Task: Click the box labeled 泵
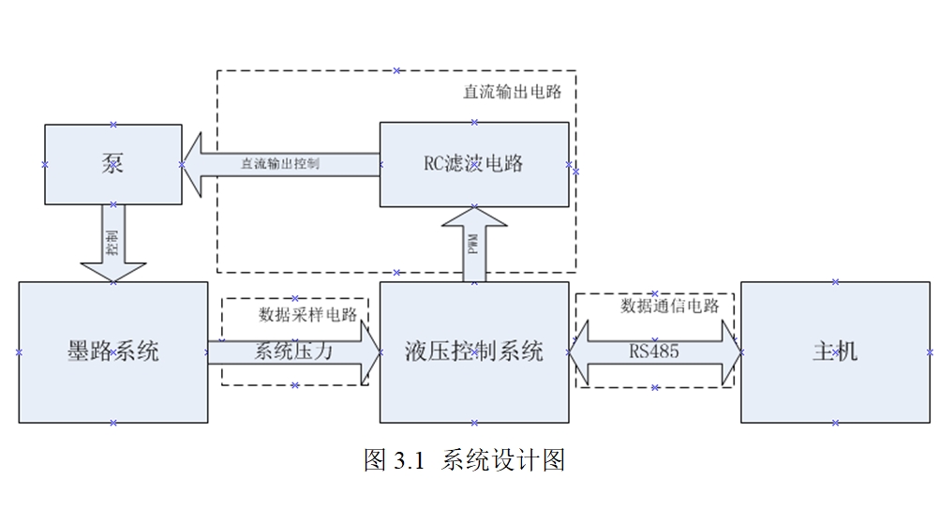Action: pyautogui.click(x=112, y=164)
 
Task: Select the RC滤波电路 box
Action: pyautogui.click(x=474, y=164)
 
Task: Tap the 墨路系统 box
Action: pyautogui.click(x=112, y=352)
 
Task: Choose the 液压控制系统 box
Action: pyautogui.click(x=474, y=352)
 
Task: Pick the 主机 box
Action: pyautogui.click(x=835, y=352)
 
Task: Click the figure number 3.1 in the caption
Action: pyautogui.click(x=410, y=460)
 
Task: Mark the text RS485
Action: pyautogui.click(x=654, y=352)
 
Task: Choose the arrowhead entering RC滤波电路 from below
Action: pyautogui.click(x=474, y=218)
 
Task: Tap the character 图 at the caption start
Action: pyautogui.click(x=375, y=460)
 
